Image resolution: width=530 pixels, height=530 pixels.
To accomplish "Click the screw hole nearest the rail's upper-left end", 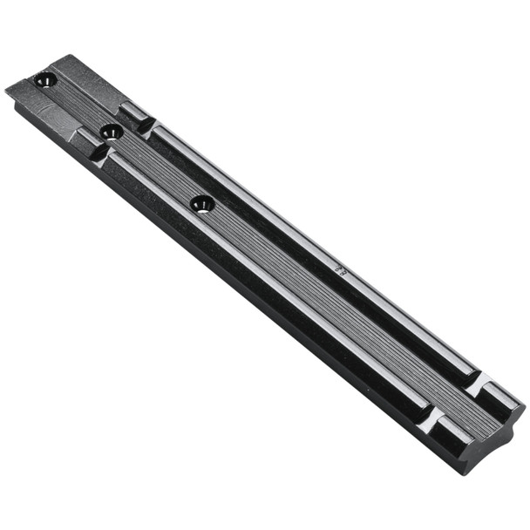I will click(x=44, y=82).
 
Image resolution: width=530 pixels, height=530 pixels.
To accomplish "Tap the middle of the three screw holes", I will click(x=111, y=132).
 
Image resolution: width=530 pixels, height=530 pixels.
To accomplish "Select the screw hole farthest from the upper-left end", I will click(x=201, y=204).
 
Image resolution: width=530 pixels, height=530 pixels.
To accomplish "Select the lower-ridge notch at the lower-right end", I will click(x=430, y=416).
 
